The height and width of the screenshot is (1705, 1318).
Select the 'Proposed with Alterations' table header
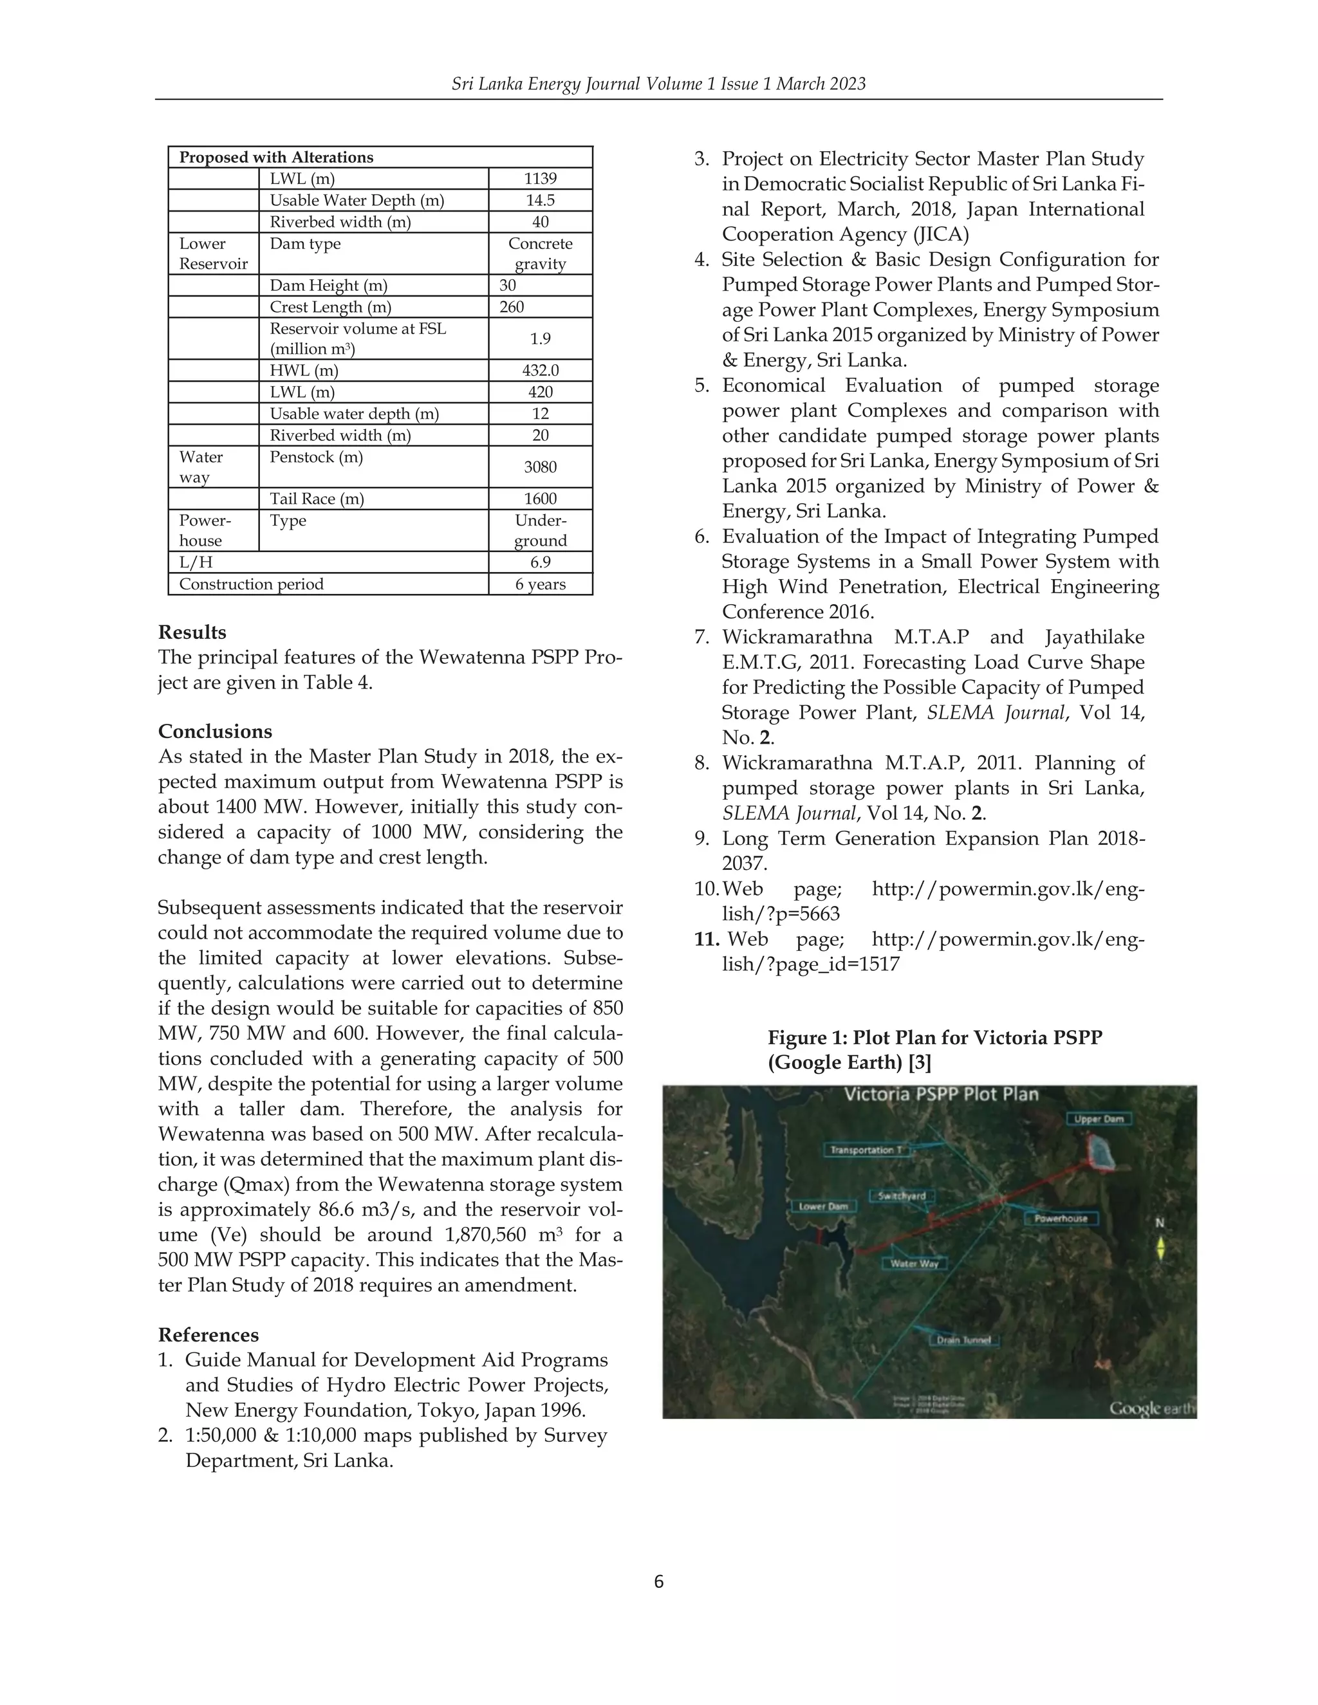(276, 157)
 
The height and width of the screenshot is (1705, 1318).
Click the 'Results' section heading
(192, 632)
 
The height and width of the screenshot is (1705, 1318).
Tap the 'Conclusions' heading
(215, 732)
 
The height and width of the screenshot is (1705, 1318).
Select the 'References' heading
(208, 1335)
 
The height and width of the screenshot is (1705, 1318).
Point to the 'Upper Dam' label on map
(1099, 1120)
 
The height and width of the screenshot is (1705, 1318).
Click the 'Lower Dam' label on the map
(823, 1206)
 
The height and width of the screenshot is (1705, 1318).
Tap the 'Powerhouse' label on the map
(1061, 1219)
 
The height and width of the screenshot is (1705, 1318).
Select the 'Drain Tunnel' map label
(963, 1340)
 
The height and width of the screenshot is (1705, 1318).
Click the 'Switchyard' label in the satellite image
(901, 1196)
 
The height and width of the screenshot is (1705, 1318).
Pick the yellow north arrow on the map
(1160, 1248)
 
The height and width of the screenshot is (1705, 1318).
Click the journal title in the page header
(658, 84)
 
